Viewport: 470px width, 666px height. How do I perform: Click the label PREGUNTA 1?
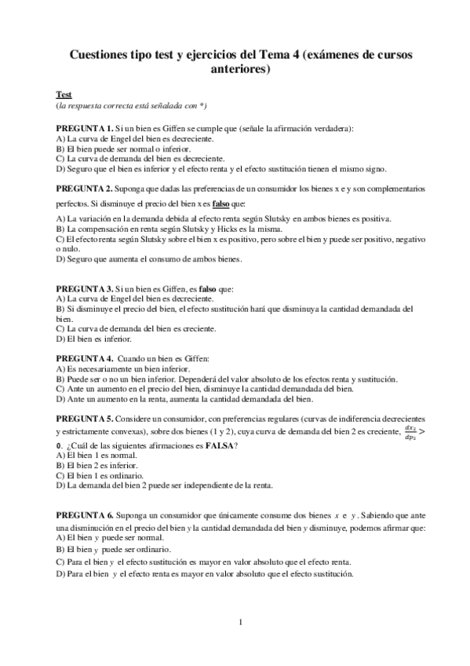click(x=84, y=127)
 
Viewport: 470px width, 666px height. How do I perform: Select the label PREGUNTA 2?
click(x=84, y=189)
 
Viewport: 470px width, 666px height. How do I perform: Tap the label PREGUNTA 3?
click(x=84, y=290)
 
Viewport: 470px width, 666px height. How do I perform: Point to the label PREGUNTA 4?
click(x=84, y=358)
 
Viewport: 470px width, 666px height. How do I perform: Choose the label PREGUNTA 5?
click(x=84, y=419)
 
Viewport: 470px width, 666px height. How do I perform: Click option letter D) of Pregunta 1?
click(x=60, y=168)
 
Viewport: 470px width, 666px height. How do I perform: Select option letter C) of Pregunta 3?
click(x=60, y=330)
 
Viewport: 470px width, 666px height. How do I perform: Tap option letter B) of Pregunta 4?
click(x=60, y=379)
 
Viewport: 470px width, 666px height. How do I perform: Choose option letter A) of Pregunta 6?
click(x=60, y=539)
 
